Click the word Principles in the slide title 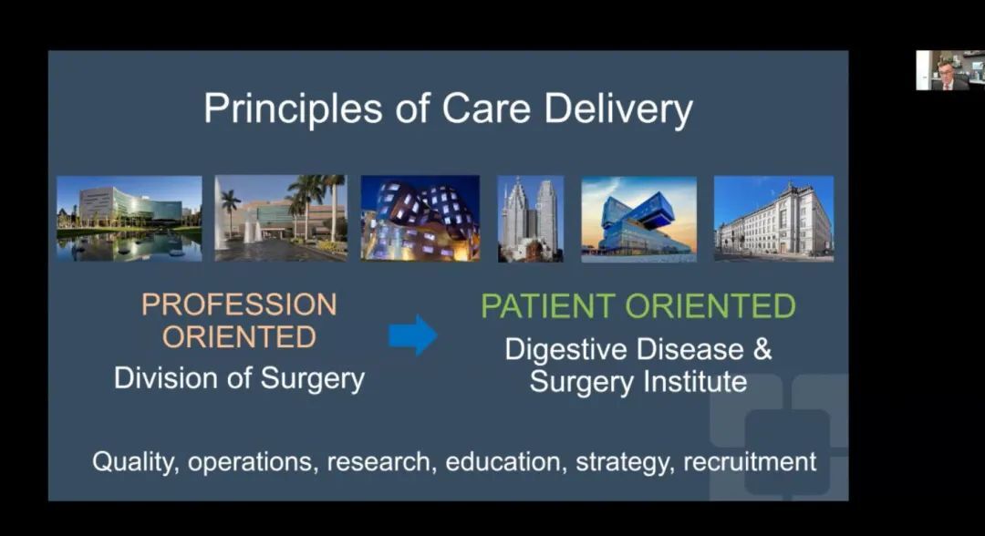(293, 108)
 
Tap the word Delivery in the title (618, 108)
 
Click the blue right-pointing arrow (413, 335)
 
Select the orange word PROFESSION (239, 305)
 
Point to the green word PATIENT (548, 306)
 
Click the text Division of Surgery (239, 378)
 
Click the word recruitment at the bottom (750, 462)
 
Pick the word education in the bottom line (503, 462)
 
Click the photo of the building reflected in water (130, 219)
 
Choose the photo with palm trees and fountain (281, 218)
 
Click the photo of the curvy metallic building (420, 219)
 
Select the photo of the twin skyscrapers (531, 219)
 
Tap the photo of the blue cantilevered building (638, 219)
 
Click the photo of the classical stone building (774, 219)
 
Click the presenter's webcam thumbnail (949, 70)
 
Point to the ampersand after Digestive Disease (762, 349)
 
